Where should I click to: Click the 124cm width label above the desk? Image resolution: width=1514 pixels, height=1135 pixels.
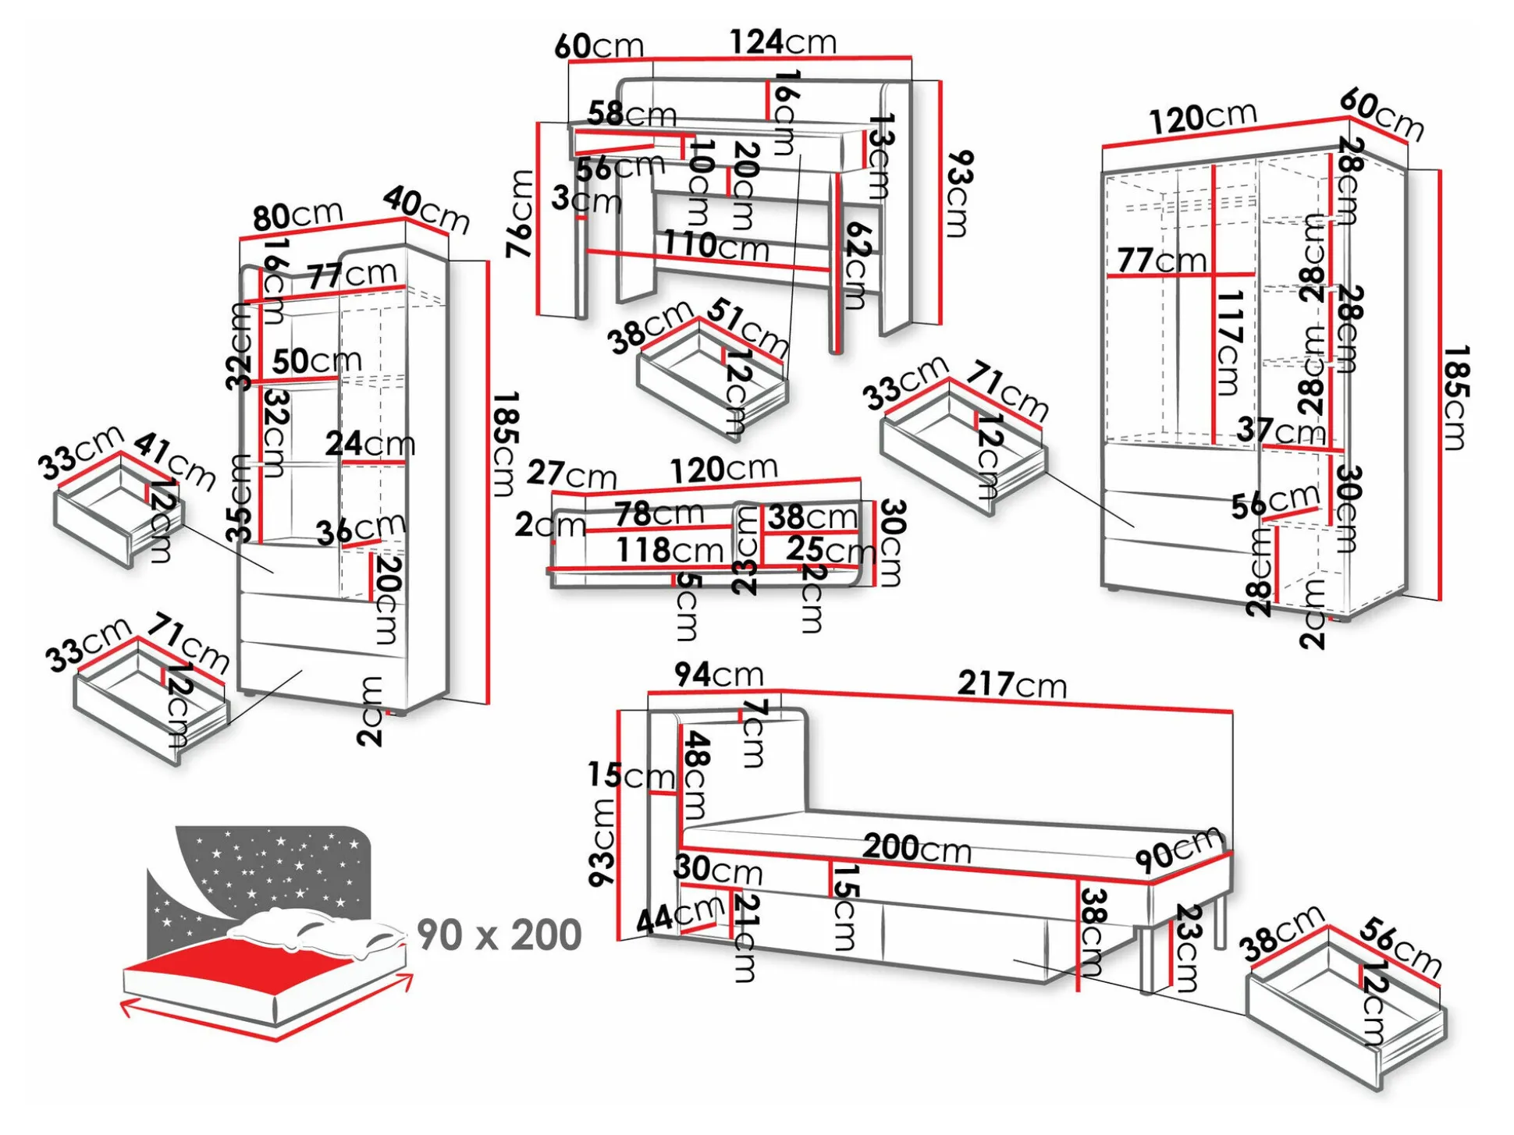coord(783,41)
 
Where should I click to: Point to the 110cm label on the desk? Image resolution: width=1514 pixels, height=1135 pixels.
coord(716,246)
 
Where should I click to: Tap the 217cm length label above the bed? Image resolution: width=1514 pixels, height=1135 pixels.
coord(1011,684)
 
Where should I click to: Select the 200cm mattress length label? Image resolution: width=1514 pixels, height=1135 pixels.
coord(917,847)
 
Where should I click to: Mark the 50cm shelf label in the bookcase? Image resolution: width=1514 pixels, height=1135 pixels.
coord(317,360)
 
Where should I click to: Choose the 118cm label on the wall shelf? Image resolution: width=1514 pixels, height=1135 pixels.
coord(670,550)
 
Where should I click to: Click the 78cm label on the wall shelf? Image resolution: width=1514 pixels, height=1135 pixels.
coord(659,514)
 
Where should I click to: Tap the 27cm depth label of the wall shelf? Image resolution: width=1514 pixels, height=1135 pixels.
coord(571,474)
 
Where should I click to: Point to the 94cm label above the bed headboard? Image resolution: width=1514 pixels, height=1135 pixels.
coord(718,674)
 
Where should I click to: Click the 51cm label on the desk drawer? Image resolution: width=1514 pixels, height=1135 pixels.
coord(748,328)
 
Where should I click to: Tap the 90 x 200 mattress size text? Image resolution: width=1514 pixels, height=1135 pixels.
coord(499,935)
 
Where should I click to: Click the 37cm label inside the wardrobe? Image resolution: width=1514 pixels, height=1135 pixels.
coord(1280,429)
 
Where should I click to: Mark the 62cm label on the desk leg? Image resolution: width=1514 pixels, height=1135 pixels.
coord(857,265)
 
